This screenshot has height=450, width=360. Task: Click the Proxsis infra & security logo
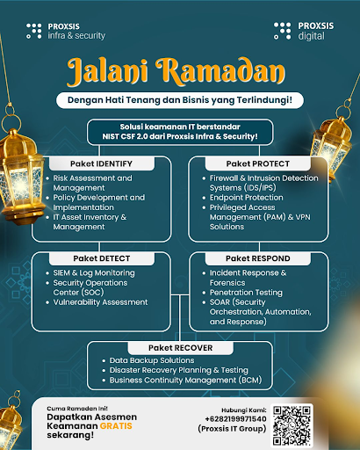[x=66, y=31]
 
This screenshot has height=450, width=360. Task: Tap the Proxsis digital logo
[x=304, y=31]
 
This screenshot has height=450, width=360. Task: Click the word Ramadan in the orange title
[x=220, y=71]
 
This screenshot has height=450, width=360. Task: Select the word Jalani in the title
[x=107, y=72]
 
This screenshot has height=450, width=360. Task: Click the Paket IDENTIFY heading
[x=101, y=163]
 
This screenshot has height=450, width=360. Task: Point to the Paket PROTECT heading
[x=258, y=163]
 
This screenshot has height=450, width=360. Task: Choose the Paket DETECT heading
[x=102, y=258]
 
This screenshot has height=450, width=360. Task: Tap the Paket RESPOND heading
[x=258, y=258]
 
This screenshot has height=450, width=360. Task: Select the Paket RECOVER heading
[x=181, y=348]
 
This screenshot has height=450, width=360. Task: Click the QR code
[x=292, y=425]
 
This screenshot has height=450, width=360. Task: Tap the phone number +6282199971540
[x=235, y=419]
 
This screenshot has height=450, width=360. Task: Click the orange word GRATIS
[x=116, y=426]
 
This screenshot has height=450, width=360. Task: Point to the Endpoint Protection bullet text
[x=247, y=198]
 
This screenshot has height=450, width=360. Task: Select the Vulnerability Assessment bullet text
[x=100, y=302]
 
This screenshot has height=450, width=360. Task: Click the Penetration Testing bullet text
[x=246, y=293]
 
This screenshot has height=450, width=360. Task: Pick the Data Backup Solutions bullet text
[x=152, y=360]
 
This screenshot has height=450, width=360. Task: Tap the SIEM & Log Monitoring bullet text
[x=94, y=273]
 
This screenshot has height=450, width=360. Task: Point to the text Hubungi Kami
[x=244, y=410]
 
